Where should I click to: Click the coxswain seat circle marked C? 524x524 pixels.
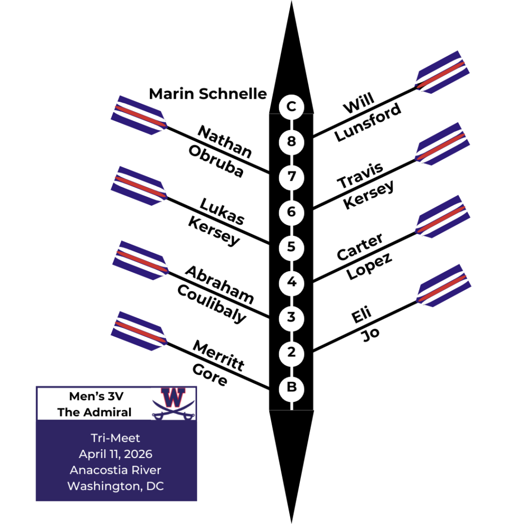(x=291, y=107)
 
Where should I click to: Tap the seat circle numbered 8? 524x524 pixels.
(x=291, y=142)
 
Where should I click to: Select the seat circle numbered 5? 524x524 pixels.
(x=291, y=247)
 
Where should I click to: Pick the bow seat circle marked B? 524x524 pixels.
(x=291, y=387)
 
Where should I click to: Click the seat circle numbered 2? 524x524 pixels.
(x=291, y=353)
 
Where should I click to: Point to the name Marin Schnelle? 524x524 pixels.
(x=208, y=94)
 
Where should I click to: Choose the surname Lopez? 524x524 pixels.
(x=369, y=265)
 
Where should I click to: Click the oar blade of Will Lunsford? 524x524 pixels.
(x=442, y=72)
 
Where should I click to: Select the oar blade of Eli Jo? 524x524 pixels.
(x=442, y=285)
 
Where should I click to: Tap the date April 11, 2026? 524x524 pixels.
(x=116, y=454)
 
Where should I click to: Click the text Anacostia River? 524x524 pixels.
(x=116, y=470)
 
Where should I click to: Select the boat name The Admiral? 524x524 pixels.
(x=94, y=412)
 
